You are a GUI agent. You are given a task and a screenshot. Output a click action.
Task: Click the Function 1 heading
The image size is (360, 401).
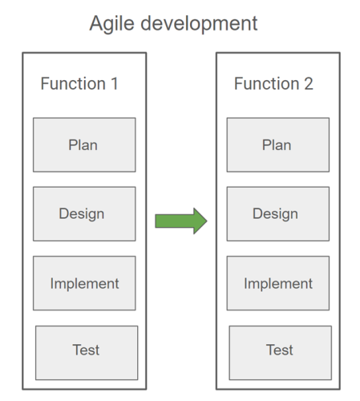tap(79, 83)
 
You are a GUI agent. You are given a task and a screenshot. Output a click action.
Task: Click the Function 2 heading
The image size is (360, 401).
tap(273, 83)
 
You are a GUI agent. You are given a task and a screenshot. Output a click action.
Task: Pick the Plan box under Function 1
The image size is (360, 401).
tap(84, 145)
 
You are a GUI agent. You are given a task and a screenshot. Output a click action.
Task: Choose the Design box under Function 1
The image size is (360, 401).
tap(84, 214)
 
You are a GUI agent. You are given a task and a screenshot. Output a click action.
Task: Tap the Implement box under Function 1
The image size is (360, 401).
tap(84, 283)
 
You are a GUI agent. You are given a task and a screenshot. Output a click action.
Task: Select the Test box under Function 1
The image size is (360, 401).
tap(87, 352)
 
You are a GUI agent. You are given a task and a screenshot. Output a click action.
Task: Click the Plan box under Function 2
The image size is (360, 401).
tap(277, 145)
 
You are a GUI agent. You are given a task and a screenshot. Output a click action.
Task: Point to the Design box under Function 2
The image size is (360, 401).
tap(277, 214)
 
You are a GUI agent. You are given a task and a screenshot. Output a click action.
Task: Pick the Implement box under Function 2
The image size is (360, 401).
tap(277, 283)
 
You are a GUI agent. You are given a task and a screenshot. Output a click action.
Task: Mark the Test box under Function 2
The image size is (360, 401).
tap(280, 352)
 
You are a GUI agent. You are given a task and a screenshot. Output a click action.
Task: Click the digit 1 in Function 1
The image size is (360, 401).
tap(114, 83)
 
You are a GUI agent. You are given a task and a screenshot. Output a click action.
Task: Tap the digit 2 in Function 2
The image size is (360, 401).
tap(308, 83)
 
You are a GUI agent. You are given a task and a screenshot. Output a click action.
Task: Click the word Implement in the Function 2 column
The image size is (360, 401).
tap(278, 283)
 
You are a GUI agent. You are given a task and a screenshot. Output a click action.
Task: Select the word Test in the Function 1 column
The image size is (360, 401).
tap(86, 350)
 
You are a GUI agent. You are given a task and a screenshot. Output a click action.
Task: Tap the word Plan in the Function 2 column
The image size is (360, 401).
tap(277, 145)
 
